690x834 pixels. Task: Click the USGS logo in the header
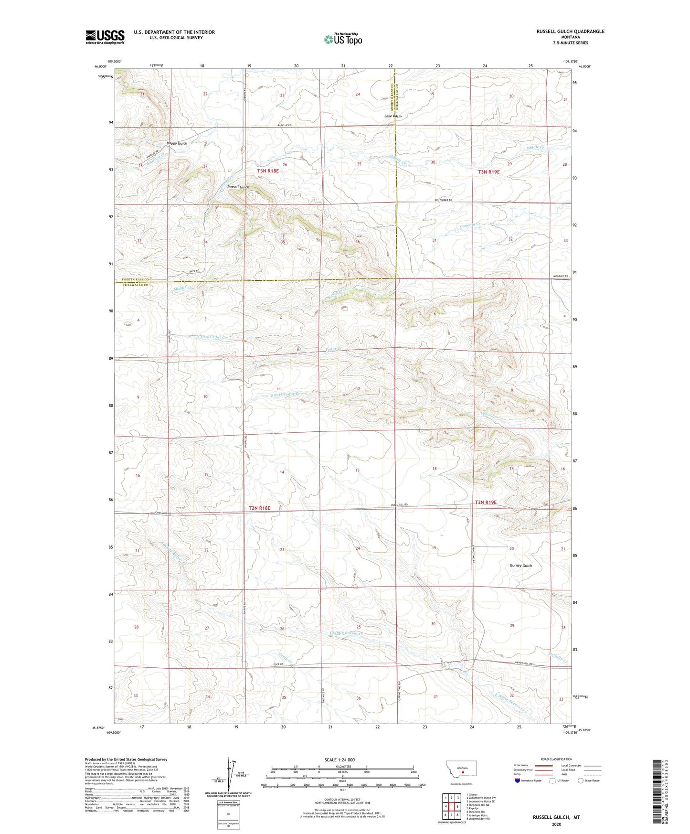click(x=105, y=37)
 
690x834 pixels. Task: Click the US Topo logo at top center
click(x=343, y=39)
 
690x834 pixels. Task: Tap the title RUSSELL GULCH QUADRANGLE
click(x=570, y=32)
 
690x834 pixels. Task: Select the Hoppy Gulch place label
click(x=177, y=143)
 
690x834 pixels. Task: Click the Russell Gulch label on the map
click(x=238, y=187)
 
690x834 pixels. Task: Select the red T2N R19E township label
click(x=486, y=502)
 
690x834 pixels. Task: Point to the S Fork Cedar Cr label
click(x=285, y=395)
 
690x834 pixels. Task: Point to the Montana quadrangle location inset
click(x=461, y=771)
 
